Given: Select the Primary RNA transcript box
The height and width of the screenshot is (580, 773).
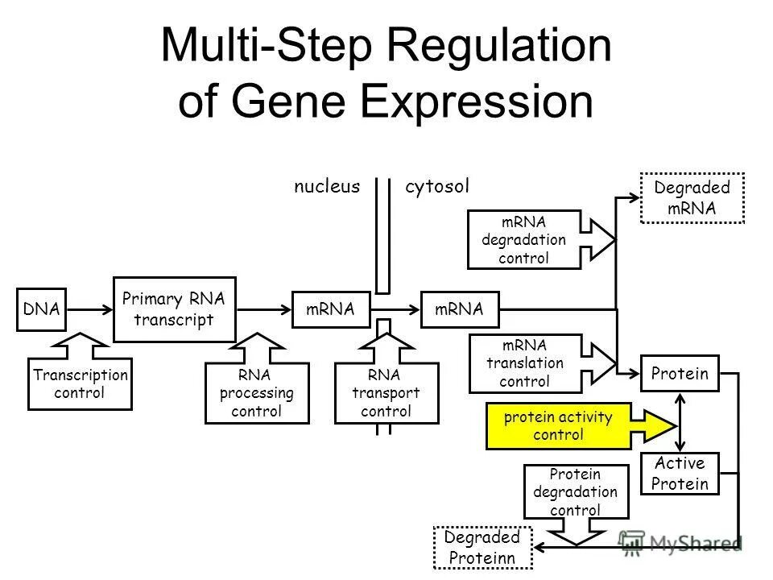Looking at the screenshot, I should (173, 309).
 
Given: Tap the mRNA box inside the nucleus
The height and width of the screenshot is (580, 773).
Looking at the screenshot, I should (330, 309).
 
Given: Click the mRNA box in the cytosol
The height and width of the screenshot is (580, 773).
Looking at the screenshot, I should (461, 309).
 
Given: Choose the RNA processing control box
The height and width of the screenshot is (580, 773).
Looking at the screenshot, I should (256, 393).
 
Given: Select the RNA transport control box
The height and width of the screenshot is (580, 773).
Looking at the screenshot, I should (386, 393).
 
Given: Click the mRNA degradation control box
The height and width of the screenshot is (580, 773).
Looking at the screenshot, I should (523, 239).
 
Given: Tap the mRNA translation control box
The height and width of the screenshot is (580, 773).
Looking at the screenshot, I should (523, 362).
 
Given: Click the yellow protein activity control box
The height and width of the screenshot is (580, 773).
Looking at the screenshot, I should (557, 426).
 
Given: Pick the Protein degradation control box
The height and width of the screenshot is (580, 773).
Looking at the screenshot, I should (573, 491).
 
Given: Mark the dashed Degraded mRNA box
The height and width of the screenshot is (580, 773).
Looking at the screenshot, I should (692, 197).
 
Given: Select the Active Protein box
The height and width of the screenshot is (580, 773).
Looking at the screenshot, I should (680, 474).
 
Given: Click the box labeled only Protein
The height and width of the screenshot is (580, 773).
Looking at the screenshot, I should (680, 374).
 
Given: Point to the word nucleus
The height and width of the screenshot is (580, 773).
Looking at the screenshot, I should (326, 187).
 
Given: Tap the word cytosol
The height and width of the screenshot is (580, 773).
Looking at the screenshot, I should (436, 187).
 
